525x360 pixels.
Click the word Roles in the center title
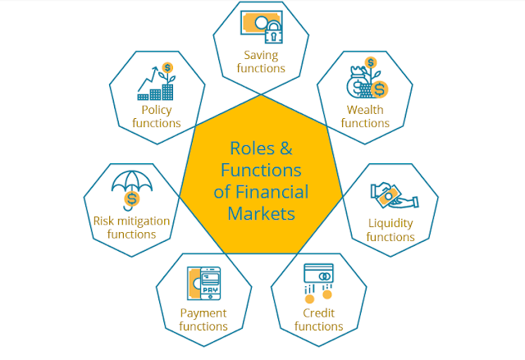pyautogui.click(x=252, y=148)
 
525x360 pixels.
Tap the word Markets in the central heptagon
pyautogui.click(x=261, y=213)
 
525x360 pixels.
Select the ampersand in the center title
pyautogui.click(x=286, y=148)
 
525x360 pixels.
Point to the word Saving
pyautogui.click(x=261, y=56)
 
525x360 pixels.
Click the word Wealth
pyautogui.click(x=365, y=110)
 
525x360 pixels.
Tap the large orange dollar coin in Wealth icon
pyautogui.click(x=379, y=89)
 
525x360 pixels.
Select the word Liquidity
pyautogui.click(x=390, y=224)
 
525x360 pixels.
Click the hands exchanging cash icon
pyautogui.click(x=394, y=195)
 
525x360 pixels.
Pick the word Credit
pyautogui.click(x=318, y=313)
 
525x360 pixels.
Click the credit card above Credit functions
pyautogui.click(x=318, y=274)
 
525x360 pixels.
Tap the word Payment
pyautogui.click(x=203, y=313)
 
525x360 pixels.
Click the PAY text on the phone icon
pyautogui.click(x=210, y=289)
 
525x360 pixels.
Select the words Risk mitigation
pyautogui.click(x=131, y=221)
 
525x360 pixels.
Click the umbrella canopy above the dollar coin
pyautogui.click(x=131, y=180)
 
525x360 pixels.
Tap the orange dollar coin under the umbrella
pyautogui.click(x=132, y=198)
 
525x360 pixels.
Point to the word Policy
pyautogui.click(x=157, y=110)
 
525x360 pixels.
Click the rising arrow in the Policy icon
pyautogui.click(x=148, y=79)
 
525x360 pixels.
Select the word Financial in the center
pyautogui.click(x=272, y=192)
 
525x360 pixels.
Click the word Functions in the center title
pyautogui.click(x=261, y=170)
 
